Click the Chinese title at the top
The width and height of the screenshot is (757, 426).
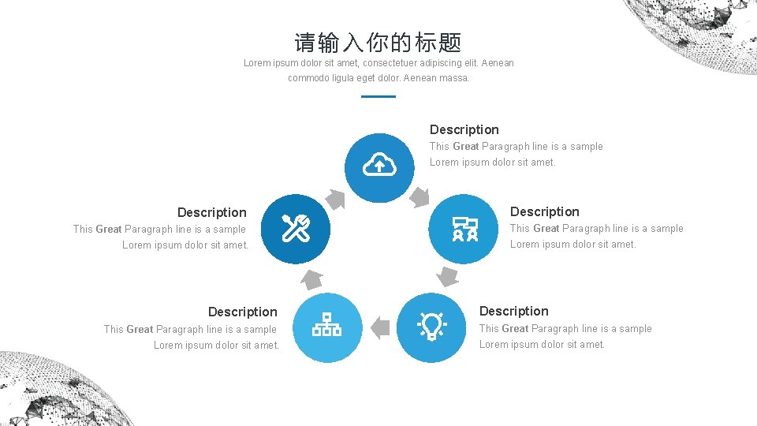tap(378, 43)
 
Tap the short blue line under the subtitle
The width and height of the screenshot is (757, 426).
tap(378, 96)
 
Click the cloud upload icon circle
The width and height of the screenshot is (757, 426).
tap(379, 165)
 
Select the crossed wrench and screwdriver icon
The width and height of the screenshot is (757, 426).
tap(296, 229)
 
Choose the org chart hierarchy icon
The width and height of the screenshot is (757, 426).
tap(327, 326)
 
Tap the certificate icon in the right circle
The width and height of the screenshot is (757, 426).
tap(464, 229)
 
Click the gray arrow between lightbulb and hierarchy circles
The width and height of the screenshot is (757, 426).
tap(379, 327)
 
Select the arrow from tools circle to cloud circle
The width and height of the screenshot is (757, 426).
tap(336, 199)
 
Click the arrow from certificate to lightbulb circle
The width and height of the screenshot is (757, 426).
tap(447, 276)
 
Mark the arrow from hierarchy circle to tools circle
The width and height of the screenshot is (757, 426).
tap(311, 279)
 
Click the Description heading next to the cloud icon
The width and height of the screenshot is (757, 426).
tap(464, 129)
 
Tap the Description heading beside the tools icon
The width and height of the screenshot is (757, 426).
tap(211, 212)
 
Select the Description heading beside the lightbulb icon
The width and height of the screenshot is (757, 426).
tap(513, 311)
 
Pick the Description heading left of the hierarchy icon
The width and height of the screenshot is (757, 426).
tap(242, 312)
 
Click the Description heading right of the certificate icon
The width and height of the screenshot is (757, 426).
tap(544, 211)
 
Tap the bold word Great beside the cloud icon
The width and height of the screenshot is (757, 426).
tap(465, 147)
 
